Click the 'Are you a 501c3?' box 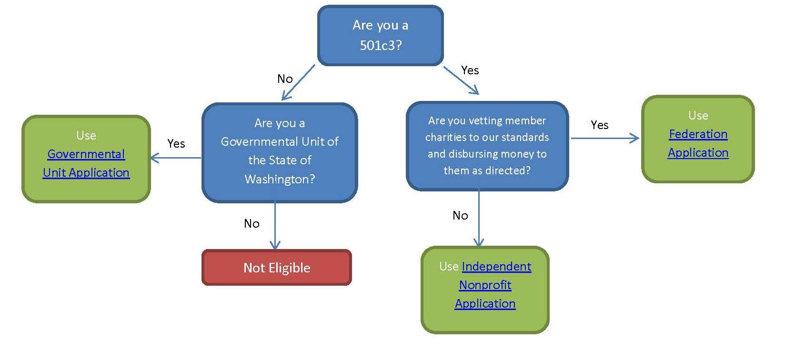pos(380,35)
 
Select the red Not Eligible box pos(276,268)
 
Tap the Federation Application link pos(698,143)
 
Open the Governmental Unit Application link pos(86,163)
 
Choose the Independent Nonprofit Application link pos(485,285)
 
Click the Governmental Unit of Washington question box pos(280,152)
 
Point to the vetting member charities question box pos(487,146)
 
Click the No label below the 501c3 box pos(285,79)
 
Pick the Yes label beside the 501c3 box pos(470,70)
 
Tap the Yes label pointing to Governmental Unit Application pos(176,144)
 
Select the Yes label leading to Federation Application pos(599,125)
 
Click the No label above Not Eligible pos(252,224)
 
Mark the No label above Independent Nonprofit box pos(460,216)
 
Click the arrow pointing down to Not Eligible pos(275,226)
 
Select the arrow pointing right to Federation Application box pos(605,139)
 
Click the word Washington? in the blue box pos(280,180)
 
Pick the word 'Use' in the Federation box pos(698,116)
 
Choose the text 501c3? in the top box pos(381,46)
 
